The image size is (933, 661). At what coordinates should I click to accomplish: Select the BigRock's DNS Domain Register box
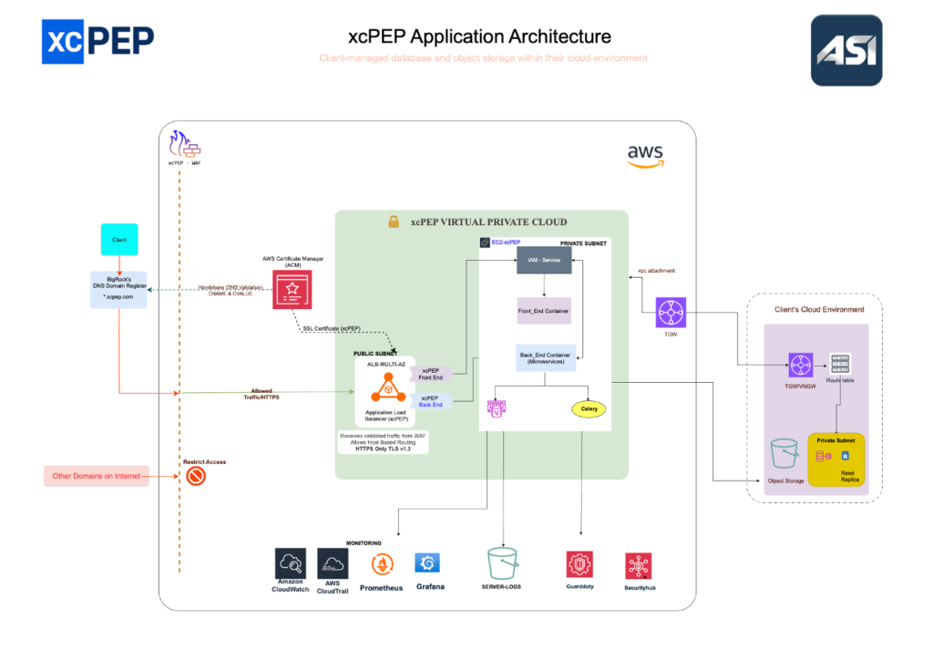(118, 289)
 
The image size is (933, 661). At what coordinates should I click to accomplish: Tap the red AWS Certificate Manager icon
(292, 290)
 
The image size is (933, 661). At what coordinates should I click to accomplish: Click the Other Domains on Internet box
(97, 476)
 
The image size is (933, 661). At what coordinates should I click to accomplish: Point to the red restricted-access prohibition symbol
(196, 476)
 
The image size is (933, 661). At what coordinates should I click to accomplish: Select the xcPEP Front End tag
(431, 374)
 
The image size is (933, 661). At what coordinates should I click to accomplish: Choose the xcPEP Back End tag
(431, 401)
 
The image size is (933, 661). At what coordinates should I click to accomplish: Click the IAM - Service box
(544, 262)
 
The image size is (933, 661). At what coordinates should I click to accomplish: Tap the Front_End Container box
(544, 311)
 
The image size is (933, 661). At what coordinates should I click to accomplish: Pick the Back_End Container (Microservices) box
(544, 359)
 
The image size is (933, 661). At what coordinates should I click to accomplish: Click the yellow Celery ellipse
(588, 409)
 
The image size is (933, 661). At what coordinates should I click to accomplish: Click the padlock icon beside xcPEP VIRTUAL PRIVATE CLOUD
(394, 222)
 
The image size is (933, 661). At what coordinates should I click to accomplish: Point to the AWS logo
(645, 156)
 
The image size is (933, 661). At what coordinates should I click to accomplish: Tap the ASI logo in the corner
(846, 50)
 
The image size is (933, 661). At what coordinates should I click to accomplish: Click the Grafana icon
(428, 563)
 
